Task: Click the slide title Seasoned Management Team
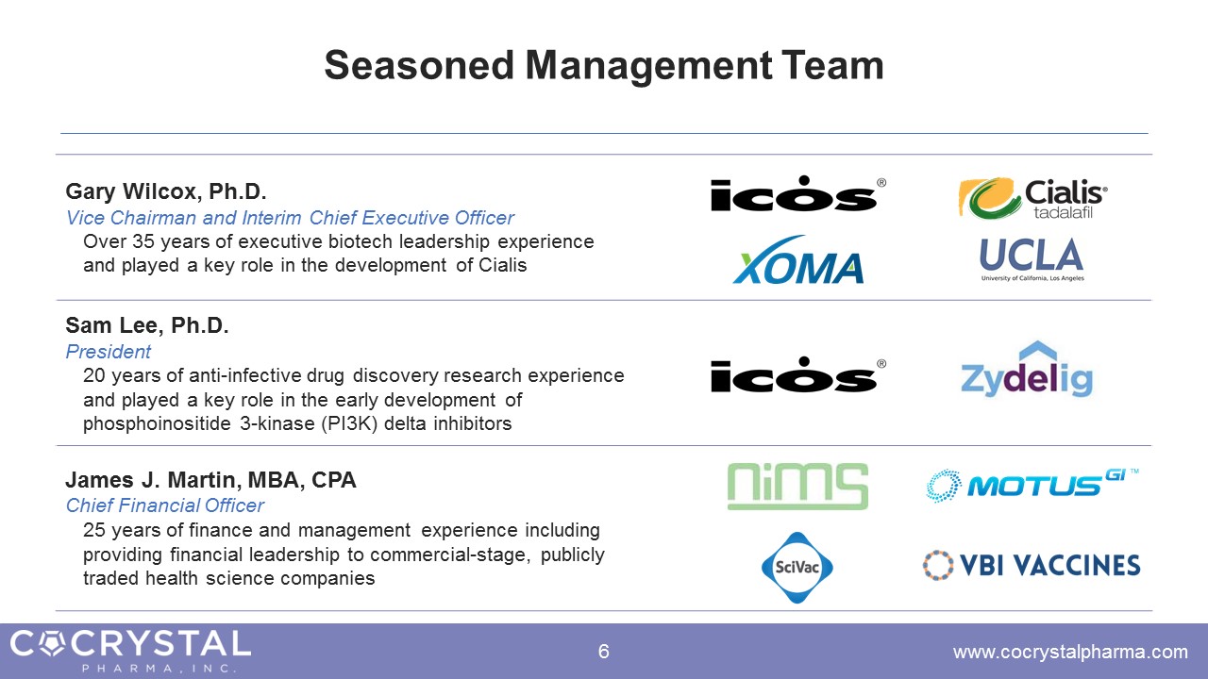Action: click(x=604, y=66)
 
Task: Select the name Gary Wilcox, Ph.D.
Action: click(x=166, y=191)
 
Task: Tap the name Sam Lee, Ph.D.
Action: click(x=147, y=325)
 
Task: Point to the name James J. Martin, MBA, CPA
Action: click(x=210, y=480)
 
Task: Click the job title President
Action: click(x=108, y=352)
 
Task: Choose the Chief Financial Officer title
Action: click(x=164, y=505)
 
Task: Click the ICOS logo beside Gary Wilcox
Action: click(x=798, y=193)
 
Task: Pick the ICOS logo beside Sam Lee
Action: click(x=798, y=374)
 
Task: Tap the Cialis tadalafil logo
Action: click(x=1032, y=198)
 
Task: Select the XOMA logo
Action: click(x=798, y=259)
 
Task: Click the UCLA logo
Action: click(x=1032, y=259)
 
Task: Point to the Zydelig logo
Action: click(x=1027, y=370)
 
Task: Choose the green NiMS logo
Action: click(x=797, y=486)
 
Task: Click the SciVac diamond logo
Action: click(x=797, y=568)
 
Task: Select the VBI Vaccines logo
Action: click(x=1032, y=565)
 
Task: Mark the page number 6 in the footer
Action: click(x=603, y=652)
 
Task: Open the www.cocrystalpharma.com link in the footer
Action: click(x=1070, y=653)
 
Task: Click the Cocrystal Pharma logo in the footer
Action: click(x=130, y=651)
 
